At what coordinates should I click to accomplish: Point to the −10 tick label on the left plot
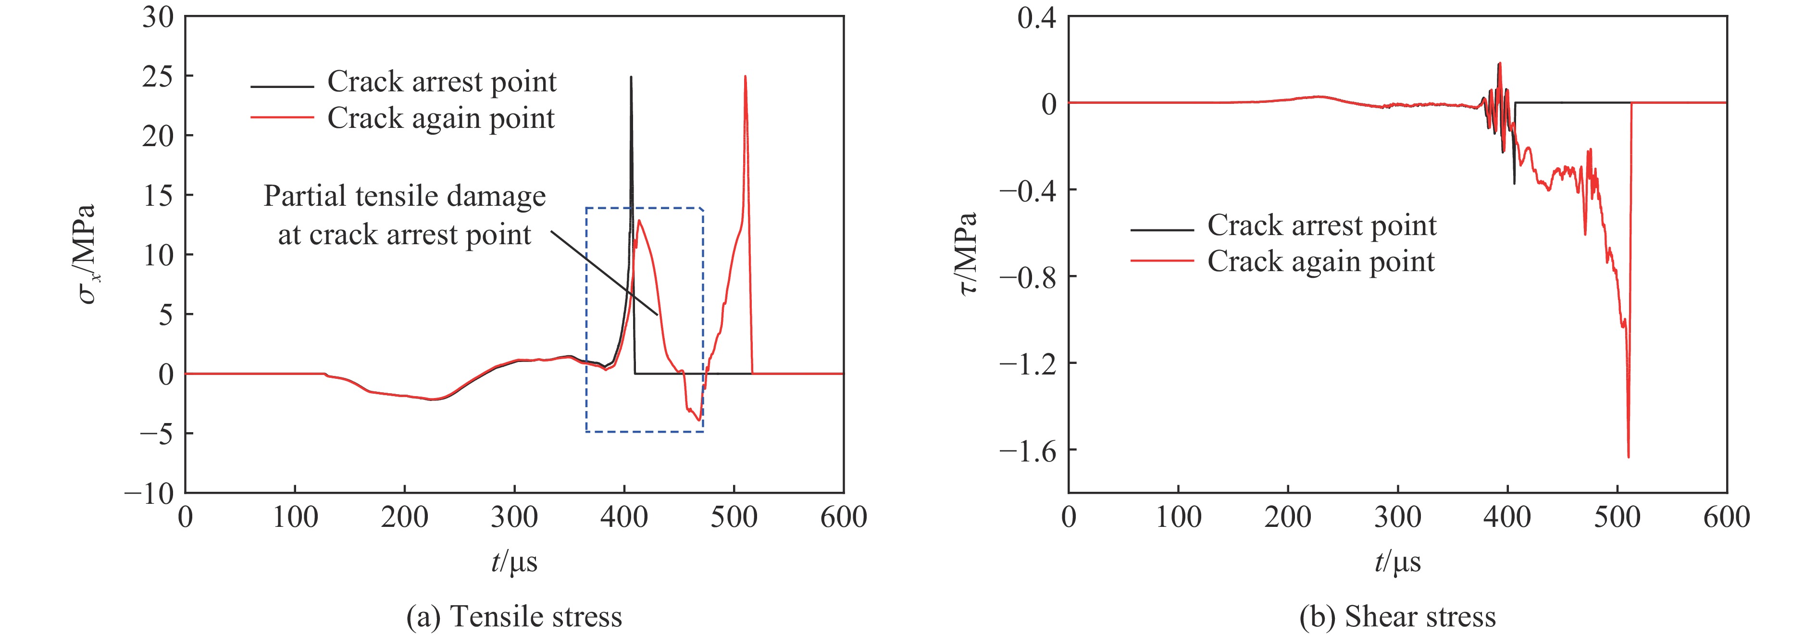coord(149,493)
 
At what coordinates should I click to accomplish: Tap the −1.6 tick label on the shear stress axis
coord(1028,450)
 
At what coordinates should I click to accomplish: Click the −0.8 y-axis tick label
coord(1028,277)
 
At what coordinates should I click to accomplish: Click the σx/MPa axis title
coord(87,254)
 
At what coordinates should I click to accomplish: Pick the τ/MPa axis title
coord(969,254)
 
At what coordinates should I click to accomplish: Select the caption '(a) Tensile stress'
coord(514,616)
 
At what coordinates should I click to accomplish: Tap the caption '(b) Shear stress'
coord(1397,616)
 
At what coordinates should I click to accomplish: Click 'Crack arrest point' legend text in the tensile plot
coord(442,82)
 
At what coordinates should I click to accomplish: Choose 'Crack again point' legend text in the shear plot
coord(1320,262)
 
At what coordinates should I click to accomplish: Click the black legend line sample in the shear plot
coord(1162,230)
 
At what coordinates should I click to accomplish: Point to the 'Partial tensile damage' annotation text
coord(404,196)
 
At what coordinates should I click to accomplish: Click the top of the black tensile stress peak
coord(631,77)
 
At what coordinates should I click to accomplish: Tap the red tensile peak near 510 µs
coord(745,77)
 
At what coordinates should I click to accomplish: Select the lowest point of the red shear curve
coord(1628,457)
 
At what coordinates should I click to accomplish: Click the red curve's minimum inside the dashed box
coord(698,420)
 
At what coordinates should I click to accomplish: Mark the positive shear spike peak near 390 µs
coord(1500,63)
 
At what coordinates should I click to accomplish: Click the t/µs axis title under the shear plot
coord(1397,562)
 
